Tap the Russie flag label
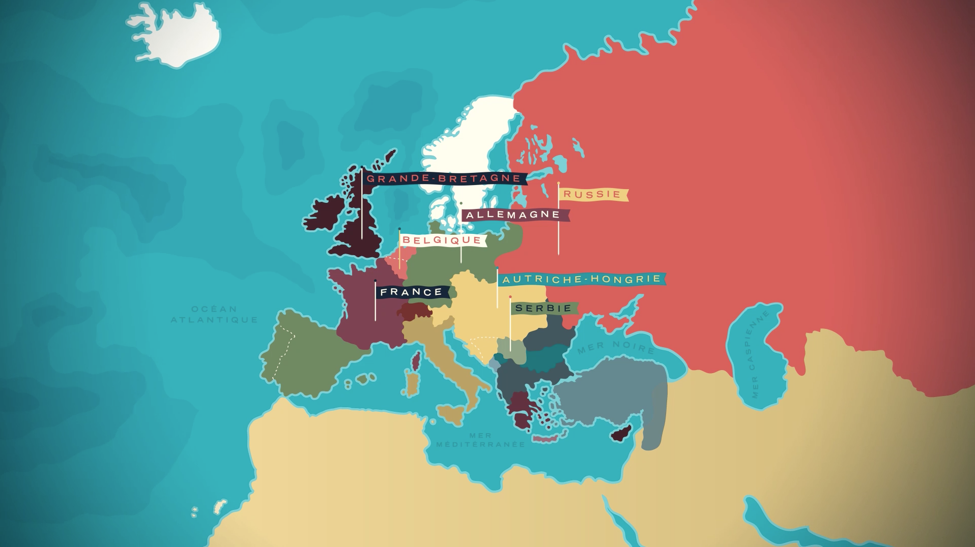593,194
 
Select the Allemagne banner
514,215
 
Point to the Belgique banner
442,240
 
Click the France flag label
412,292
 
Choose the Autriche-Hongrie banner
581,279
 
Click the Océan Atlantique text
214,314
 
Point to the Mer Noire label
615,347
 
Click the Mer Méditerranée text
480,440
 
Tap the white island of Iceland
178,36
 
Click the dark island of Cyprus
621,433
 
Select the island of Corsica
416,359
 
